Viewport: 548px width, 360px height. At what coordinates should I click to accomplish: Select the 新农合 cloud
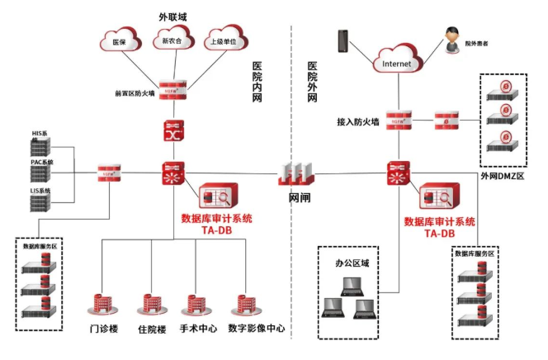172,39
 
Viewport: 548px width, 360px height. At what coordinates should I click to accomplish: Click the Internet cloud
396,59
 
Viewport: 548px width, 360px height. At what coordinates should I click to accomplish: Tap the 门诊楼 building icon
102,305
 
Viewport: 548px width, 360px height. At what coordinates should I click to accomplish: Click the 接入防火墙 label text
357,121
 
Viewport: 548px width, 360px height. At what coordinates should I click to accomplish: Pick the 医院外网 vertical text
312,83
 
